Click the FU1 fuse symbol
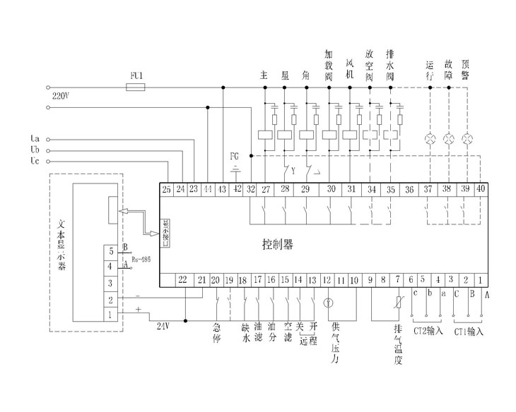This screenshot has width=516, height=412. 135,87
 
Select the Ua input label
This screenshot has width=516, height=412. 35,138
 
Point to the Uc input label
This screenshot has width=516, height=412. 35,162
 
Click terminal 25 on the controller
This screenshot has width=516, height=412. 167,189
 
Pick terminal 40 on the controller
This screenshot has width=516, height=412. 481,189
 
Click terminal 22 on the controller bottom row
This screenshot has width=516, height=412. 182,280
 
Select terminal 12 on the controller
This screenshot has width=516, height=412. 327,280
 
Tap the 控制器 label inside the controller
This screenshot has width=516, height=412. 278,244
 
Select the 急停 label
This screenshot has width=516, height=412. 216,331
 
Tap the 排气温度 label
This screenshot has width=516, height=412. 397,345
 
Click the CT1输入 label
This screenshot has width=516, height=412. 467,330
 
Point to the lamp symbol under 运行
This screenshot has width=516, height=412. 430,137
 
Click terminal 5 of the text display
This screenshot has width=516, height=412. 110,250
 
